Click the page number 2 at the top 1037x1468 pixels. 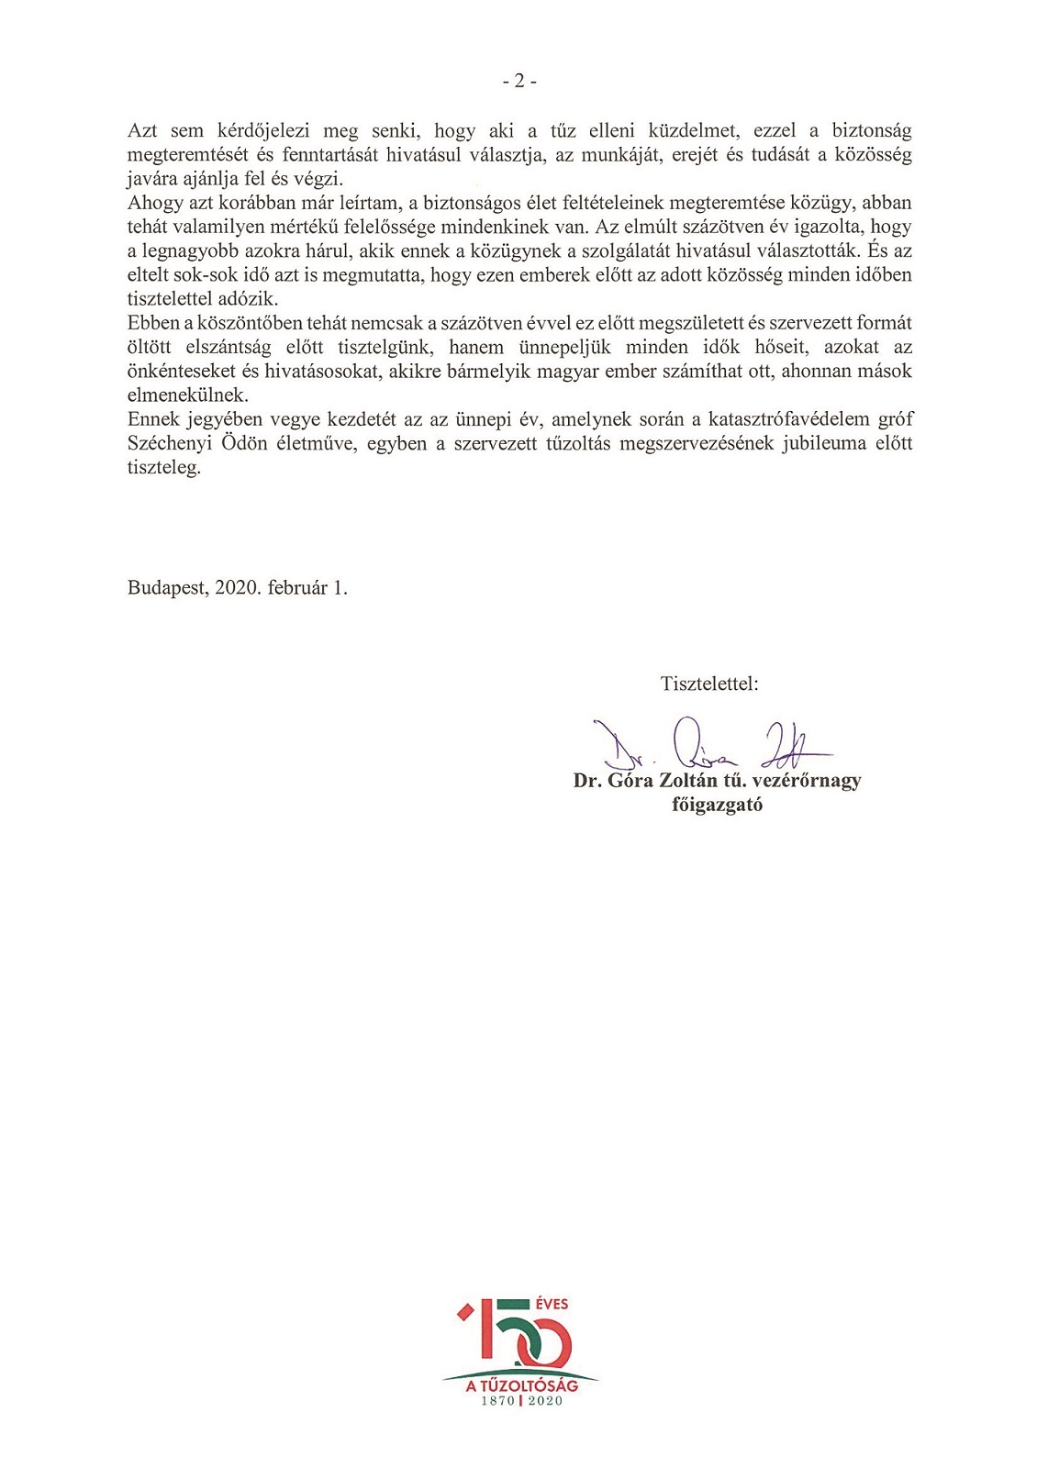tap(519, 82)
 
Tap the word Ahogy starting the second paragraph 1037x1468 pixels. tap(155, 203)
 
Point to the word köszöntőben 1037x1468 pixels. tap(249, 323)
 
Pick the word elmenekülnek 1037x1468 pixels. tap(187, 395)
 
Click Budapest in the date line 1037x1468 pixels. tap(168, 588)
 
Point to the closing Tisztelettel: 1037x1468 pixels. tap(708, 684)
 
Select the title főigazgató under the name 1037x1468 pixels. tap(717, 805)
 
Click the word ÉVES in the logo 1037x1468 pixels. tap(550, 1304)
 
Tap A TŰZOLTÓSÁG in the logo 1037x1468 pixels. tap(521, 1386)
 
